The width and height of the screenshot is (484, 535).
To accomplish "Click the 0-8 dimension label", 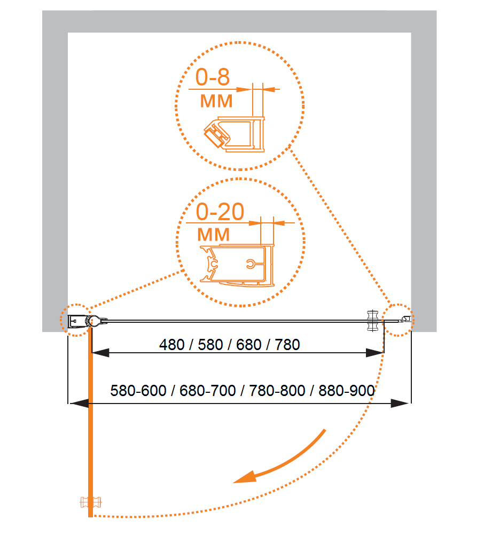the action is click(212, 77).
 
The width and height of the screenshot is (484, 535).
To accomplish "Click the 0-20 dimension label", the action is click(220, 212).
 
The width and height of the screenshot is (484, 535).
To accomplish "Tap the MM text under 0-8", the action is click(216, 101).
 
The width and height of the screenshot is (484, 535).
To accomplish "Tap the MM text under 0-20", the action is click(214, 235).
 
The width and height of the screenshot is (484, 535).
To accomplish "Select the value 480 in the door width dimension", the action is click(172, 345).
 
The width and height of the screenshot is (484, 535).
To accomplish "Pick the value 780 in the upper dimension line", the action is click(287, 345).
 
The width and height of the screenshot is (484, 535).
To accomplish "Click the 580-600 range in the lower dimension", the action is click(138, 391).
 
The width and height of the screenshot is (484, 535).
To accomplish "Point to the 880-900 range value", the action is click(347, 391).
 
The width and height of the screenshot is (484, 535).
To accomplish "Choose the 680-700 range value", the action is click(208, 391).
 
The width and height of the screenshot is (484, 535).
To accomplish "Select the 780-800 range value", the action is click(277, 391).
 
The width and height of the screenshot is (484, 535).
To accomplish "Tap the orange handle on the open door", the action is click(90, 502).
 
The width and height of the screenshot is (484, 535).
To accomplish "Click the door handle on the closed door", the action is click(372, 321).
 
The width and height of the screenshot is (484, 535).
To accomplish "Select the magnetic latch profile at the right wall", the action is click(405, 320).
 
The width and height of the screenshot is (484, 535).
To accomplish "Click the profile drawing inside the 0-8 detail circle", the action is click(235, 134).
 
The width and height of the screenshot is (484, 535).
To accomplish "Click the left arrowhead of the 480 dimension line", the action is click(100, 353).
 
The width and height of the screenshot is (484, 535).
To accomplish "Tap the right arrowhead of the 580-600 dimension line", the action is click(400, 404).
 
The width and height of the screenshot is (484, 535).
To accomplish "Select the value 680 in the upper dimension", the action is click(248, 345).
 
